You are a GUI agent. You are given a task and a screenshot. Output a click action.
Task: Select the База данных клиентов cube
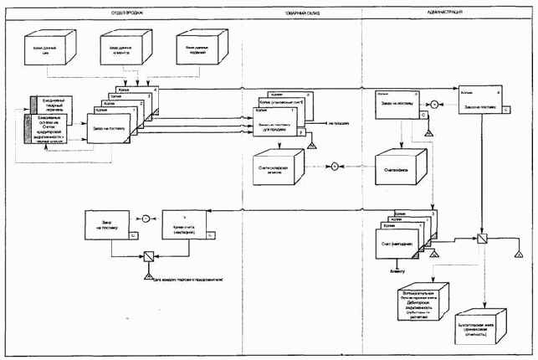pos(124,49)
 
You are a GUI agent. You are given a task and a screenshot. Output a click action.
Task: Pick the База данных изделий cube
pos(199,49)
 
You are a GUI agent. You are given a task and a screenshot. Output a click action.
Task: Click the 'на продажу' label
pos(338,121)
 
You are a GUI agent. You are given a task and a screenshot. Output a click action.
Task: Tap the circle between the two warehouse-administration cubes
pos(332,167)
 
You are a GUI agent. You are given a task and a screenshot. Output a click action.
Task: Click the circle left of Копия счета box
pos(145,219)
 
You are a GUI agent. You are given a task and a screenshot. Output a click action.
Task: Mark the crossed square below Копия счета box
pos(147,257)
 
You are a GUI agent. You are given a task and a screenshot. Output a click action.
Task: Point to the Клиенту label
pos(396,271)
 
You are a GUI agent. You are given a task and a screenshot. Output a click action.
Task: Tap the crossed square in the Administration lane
pos(482,238)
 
